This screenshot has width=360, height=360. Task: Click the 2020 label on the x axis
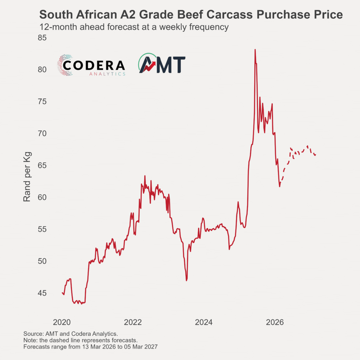[x=62, y=322]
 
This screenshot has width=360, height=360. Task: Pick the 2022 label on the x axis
[x=133, y=322]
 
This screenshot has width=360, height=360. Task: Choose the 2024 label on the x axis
[x=204, y=322]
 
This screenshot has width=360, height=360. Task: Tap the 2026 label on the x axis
[x=275, y=322]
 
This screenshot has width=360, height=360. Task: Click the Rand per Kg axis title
[x=27, y=177]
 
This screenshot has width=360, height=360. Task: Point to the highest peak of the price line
[x=255, y=50]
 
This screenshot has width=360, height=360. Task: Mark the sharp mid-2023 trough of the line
[x=187, y=280]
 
